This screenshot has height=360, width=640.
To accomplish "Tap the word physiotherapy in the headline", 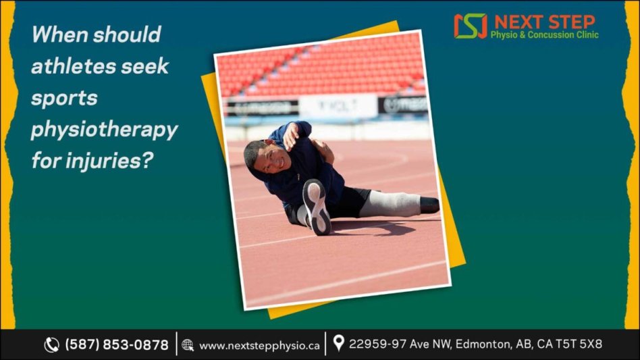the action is coord(105,130).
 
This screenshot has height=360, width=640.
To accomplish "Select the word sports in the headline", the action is coord(64,99).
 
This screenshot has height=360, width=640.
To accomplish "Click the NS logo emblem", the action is coord(470,26).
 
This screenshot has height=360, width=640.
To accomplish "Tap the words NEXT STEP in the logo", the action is coord(545,22).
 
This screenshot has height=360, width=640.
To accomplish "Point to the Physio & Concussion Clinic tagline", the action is coord(545,34).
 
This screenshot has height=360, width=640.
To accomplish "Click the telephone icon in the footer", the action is coord(51,345).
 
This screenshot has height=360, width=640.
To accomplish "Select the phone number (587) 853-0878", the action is coord(117,345).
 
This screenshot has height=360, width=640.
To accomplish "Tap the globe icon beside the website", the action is coord(188,345).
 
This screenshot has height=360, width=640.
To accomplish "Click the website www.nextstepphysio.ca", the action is coord(260,346).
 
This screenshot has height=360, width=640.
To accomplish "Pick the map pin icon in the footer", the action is coord(338,343).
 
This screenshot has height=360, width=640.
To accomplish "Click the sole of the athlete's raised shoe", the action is coord(317,207).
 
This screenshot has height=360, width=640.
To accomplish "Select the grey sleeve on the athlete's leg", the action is coord(390,204).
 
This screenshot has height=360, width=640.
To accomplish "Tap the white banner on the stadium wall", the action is coord(338,106).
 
